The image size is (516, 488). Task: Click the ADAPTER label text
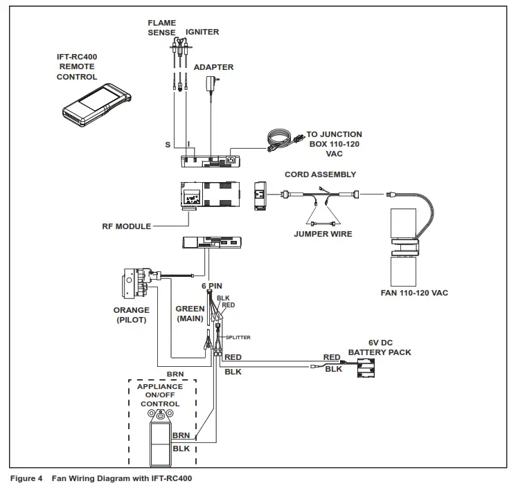click(x=213, y=68)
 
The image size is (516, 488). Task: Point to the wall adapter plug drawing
click(x=212, y=86)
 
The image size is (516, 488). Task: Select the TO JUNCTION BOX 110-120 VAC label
click(x=334, y=144)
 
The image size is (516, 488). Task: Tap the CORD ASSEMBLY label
click(x=321, y=174)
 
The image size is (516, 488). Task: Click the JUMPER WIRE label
click(x=323, y=234)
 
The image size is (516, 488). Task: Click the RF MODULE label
click(x=125, y=226)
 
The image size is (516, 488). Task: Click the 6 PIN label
click(x=211, y=285)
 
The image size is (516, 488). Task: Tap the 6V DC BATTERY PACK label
click(x=379, y=347)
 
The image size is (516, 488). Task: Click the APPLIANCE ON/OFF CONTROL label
click(x=160, y=395)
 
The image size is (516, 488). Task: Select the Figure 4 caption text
click(x=100, y=478)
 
